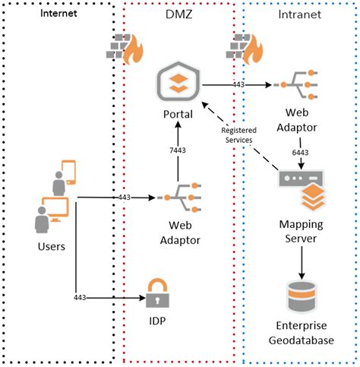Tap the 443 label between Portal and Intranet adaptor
238,85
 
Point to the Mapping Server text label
304,232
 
